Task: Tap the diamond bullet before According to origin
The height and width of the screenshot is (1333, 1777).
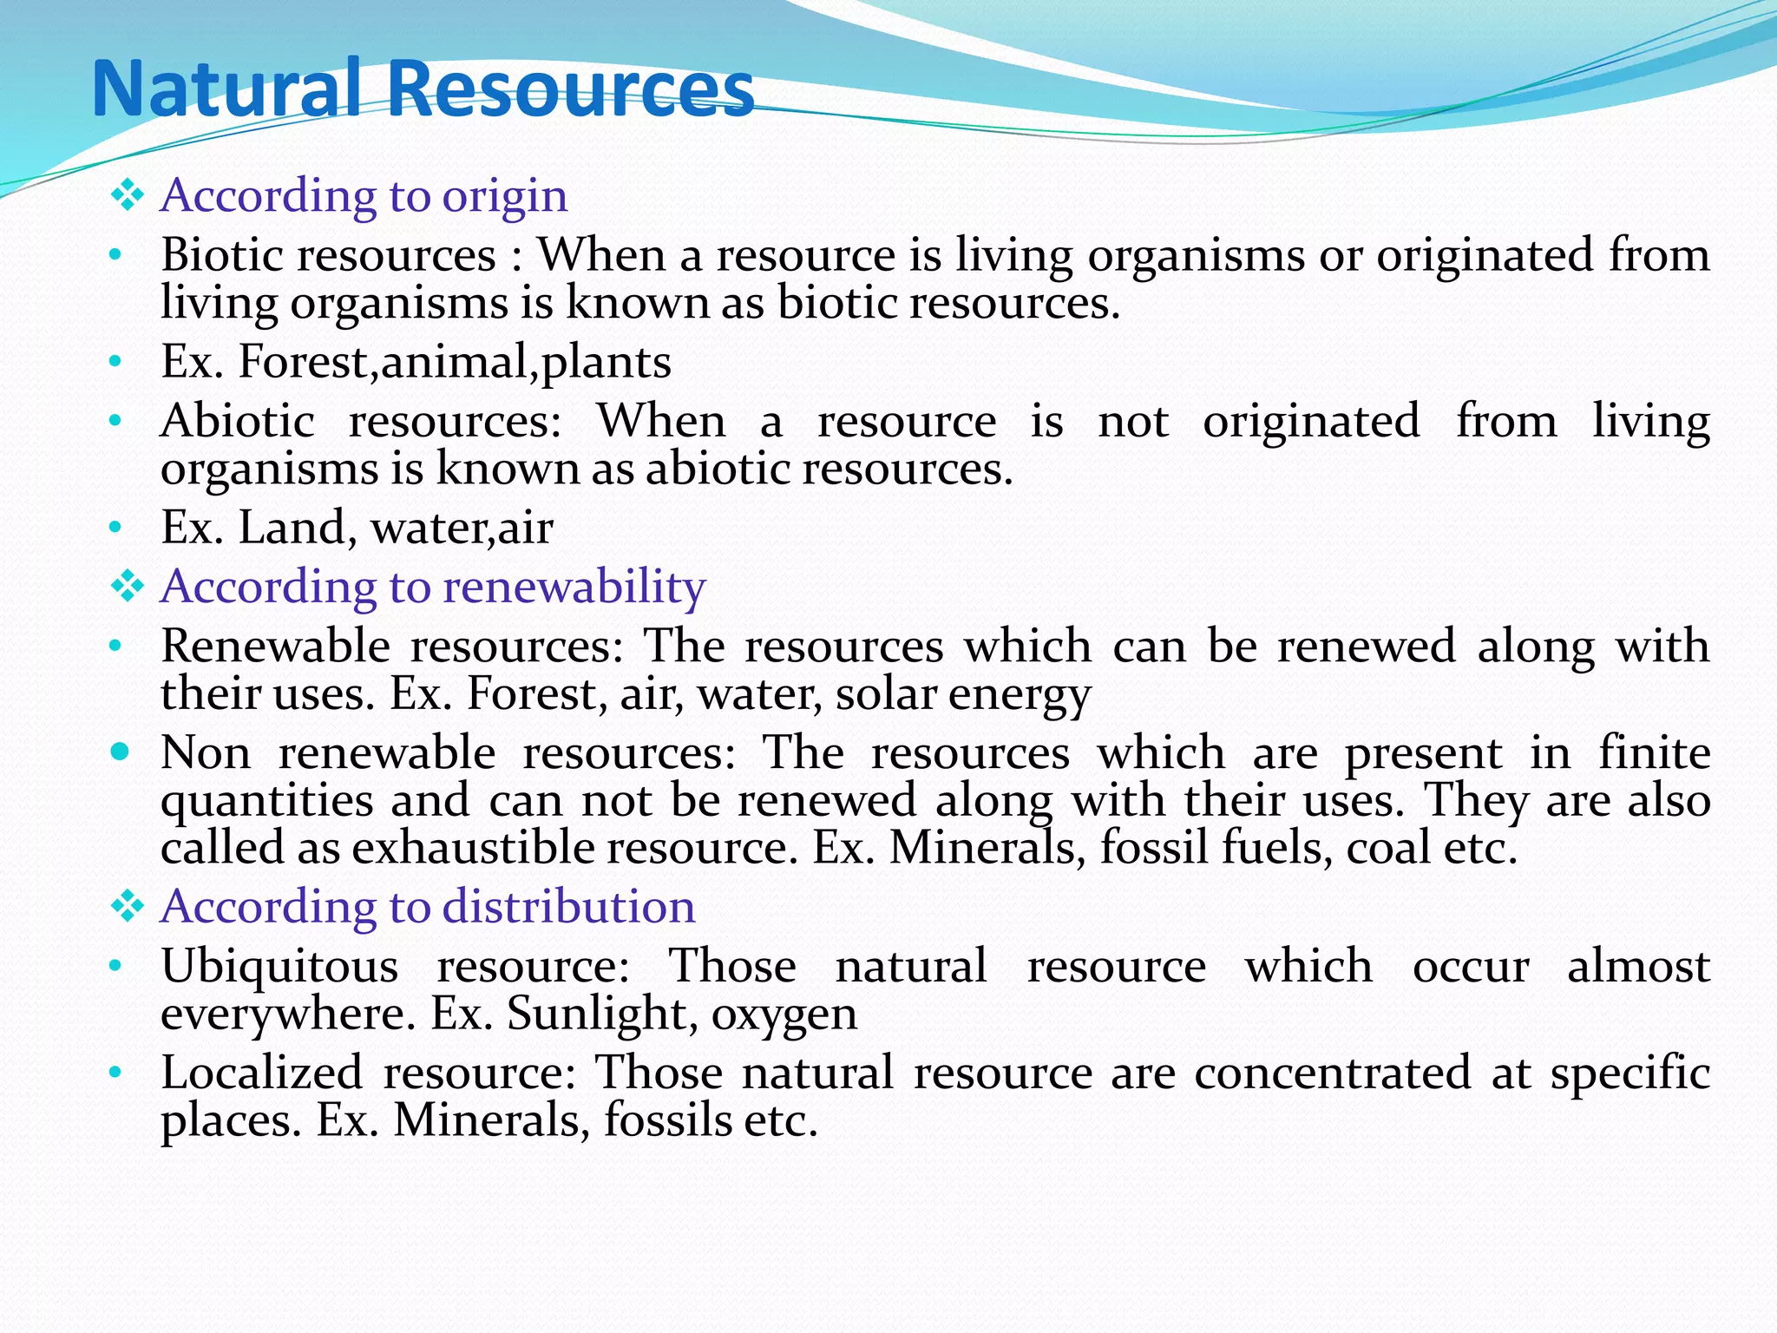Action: click(128, 195)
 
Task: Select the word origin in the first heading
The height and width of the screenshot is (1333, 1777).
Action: click(505, 196)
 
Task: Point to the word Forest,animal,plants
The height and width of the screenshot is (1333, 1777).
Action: click(455, 362)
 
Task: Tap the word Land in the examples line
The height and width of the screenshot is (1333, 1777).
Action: click(292, 528)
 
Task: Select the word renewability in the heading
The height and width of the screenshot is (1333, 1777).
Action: click(574, 587)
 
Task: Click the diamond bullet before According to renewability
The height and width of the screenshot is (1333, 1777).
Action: click(128, 587)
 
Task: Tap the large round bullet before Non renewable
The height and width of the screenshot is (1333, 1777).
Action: click(121, 751)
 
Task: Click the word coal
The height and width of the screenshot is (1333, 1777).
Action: click(1387, 848)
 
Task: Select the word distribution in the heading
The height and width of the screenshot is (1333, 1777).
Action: click(569, 907)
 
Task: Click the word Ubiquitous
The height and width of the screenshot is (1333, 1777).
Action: click(279, 967)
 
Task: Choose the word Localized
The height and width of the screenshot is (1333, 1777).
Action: click(262, 1073)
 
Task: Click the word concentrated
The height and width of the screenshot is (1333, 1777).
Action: click(1332, 1073)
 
